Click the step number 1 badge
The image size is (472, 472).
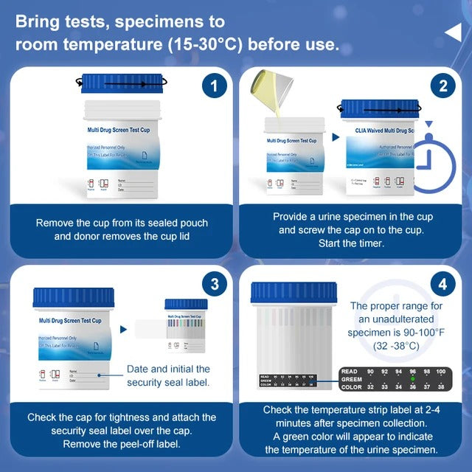pyautogui.click(x=213, y=87)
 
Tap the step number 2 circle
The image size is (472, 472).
pyautogui.click(x=442, y=87)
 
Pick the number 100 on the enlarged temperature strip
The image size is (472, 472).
pyautogui.click(x=441, y=371)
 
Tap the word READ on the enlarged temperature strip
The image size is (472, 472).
pyautogui.click(x=349, y=371)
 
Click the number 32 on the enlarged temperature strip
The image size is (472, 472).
pyautogui.click(x=371, y=386)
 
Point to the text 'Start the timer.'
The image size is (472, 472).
pyautogui.click(x=353, y=243)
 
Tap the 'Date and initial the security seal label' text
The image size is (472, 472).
pyautogui.click(x=168, y=375)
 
